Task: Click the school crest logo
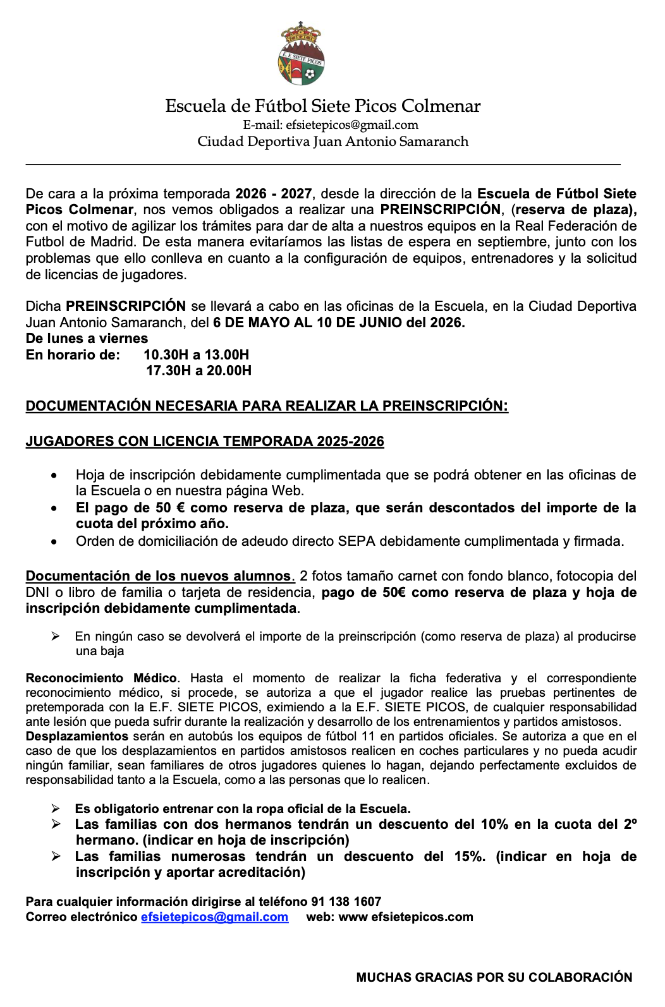(x=302, y=54)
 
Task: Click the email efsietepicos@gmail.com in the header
(x=351, y=124)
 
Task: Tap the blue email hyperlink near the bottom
(x=214, y=917)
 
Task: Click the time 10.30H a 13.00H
(x=196, y=354)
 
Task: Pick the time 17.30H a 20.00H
(x=198, y=370)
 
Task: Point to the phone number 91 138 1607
(x=346, y=901)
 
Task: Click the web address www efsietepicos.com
(x=406, y=917)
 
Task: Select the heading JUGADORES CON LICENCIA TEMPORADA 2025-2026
(x=205, y=441)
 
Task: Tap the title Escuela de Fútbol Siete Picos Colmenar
(x=322, y=106)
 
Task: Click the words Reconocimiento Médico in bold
(x=101, y=678)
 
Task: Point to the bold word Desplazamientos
(x=77, y=736)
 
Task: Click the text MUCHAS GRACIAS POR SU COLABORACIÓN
(x=494, y=977)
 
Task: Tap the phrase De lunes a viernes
(x=87, y=338)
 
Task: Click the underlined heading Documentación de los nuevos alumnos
(x=159, y=576)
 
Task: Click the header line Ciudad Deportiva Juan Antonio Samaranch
(x=332, y=141)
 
